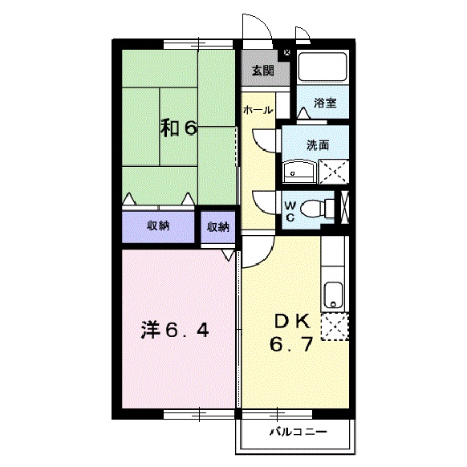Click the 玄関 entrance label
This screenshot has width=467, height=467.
coord(262,71)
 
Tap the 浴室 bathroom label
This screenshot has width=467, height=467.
coord(324,103)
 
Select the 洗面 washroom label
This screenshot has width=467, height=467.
coord(317,145)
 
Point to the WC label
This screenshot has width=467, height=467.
coord(290,210)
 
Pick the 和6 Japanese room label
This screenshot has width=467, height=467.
coord(177,128)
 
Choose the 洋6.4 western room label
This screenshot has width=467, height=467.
coord(176,330)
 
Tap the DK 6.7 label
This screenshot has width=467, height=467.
coord(292,332)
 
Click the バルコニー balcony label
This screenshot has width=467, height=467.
coord(297,432)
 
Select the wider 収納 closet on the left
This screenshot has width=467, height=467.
coord(158,226)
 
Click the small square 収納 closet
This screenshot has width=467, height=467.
coord(218,226)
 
